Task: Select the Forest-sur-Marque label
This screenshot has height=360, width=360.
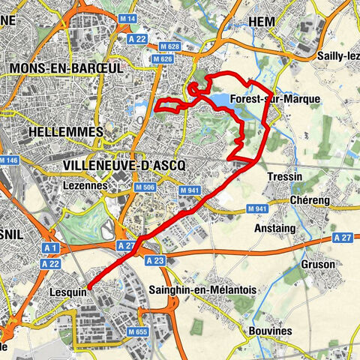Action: pyautogui.click(x=276, y=99)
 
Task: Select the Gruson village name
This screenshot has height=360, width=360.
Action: pyautogui.click(x=318, y=264)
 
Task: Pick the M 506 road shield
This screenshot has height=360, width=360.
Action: pyautogui.click(x=145, y=187)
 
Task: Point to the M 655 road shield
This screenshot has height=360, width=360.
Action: pyautogui.click(x=137, y=331)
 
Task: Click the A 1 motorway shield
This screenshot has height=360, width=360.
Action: pyautogui.click(x=51, y=247)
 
